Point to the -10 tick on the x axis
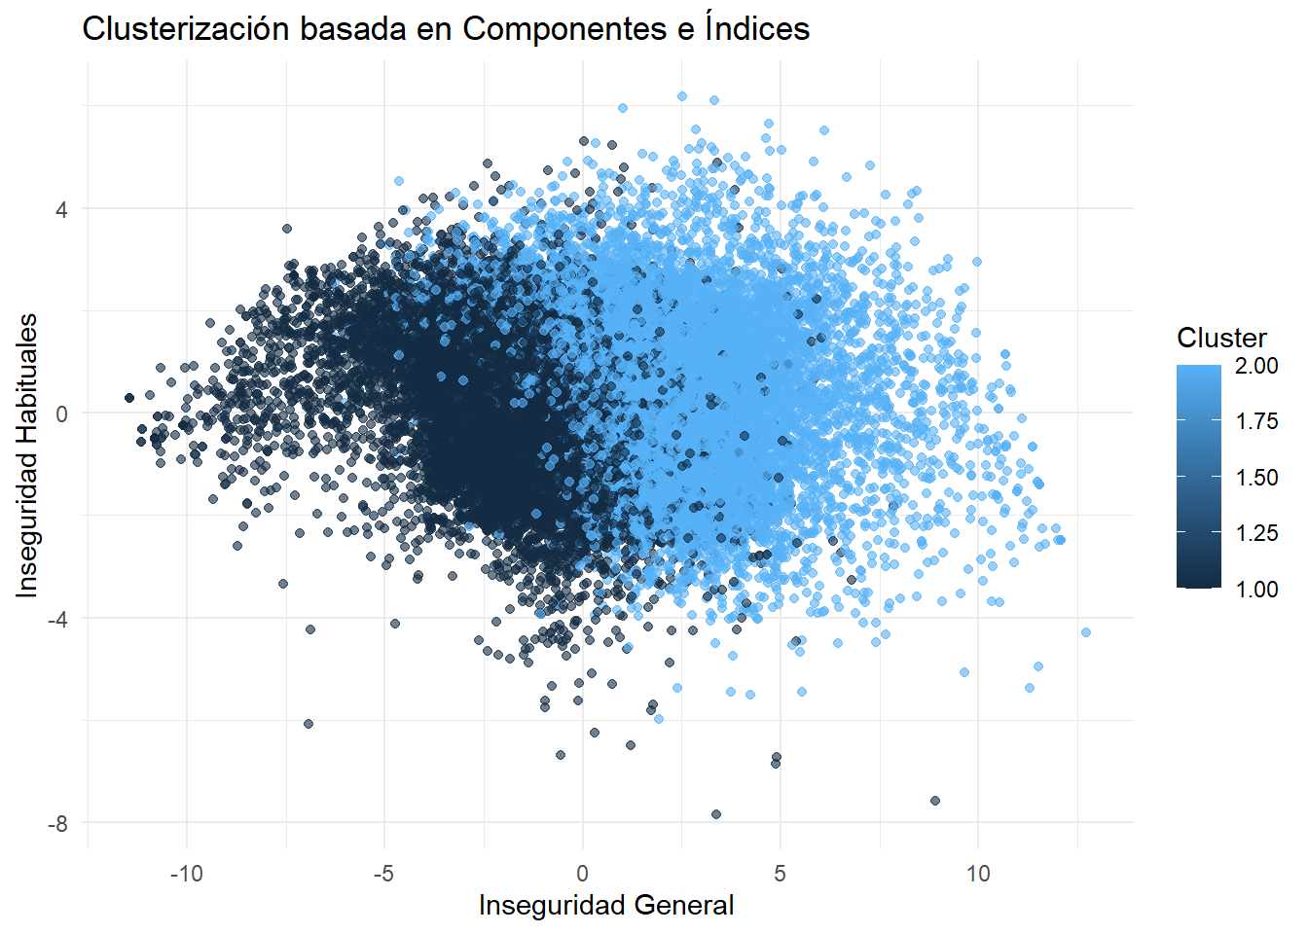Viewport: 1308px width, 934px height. (x=187, y=874)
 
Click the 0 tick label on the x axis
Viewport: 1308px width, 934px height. (x=582, y=874)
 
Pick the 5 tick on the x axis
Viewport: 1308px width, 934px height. (x=780, y=874)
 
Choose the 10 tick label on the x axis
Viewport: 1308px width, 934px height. (x=978, y=874)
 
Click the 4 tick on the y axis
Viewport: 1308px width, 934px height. (x=62, y=209)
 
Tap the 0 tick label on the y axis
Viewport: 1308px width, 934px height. (x=62, y=413)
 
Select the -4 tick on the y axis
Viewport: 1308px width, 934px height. (x=58, y=619)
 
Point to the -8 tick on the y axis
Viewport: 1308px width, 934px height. (x=58, y=824)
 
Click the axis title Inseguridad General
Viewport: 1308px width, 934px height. (x=606, y=906)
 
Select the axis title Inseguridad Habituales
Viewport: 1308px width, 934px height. (x=27, y=455)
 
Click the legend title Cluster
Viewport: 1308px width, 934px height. (x=1221, y=338)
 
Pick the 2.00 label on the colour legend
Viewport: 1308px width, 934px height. (x=1256, y=366)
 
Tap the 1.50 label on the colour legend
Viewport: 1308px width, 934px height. (x=1256, y=478)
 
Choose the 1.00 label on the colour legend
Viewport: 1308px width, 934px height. (x=1256, y=590)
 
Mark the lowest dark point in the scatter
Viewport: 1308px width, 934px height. (x=716, y=814)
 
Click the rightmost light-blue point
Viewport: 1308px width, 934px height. (x=1086, y=632)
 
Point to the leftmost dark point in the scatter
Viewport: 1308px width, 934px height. (x=128, y=398)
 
